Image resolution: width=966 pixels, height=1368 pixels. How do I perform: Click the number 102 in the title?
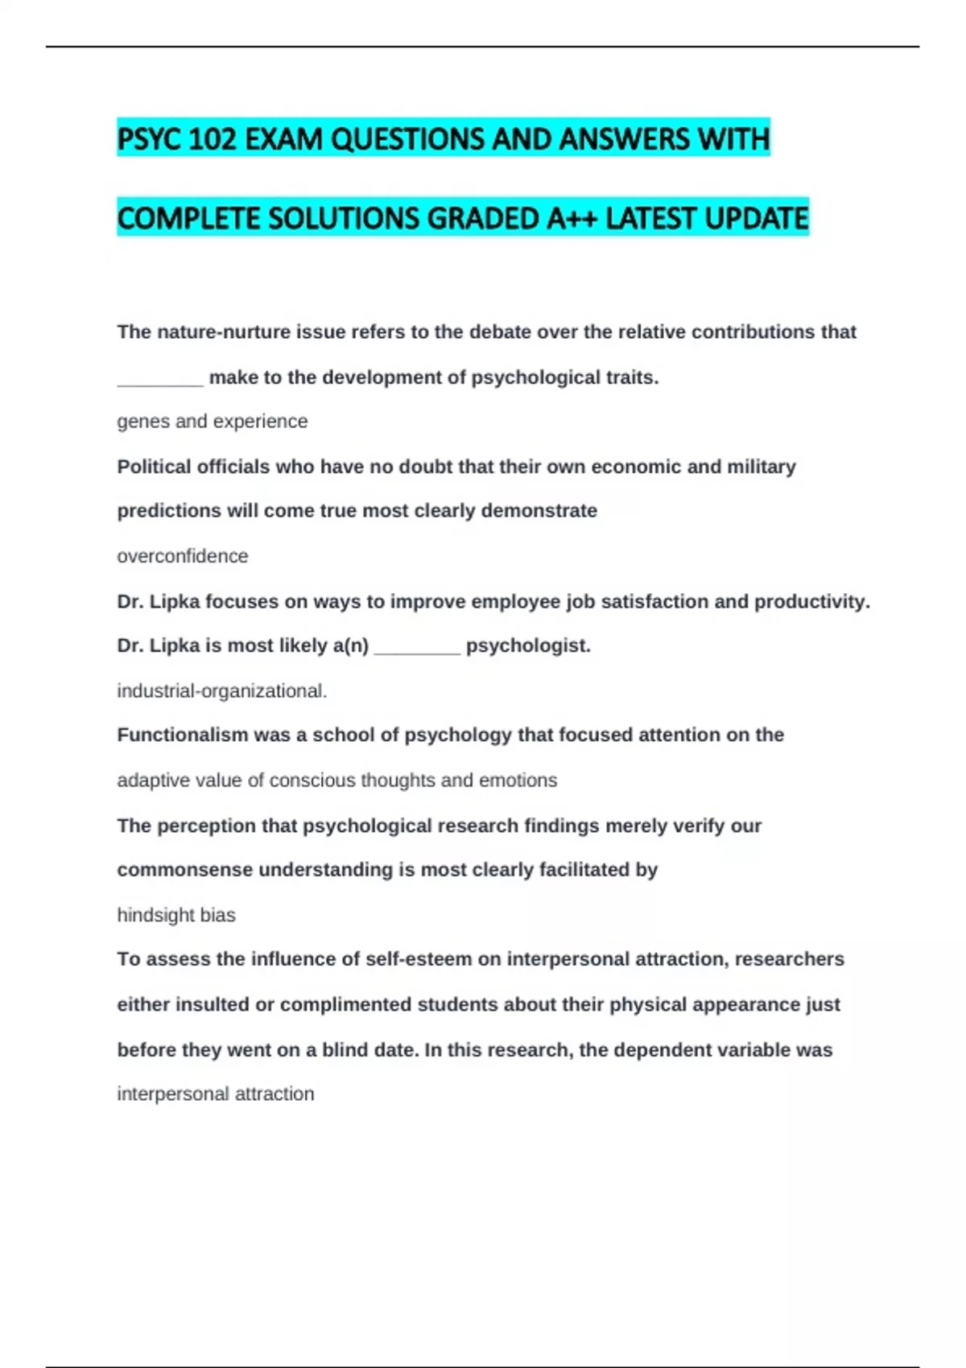(212, 139)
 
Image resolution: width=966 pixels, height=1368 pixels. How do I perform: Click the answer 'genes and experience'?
(213, 421)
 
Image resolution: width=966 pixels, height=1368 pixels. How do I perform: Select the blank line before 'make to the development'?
(160, 378)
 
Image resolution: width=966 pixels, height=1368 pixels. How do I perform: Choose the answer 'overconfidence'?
(183, 556)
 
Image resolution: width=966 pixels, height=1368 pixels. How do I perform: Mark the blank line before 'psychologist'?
(417, 646)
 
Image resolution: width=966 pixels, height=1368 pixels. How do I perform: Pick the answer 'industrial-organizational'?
(221, 690)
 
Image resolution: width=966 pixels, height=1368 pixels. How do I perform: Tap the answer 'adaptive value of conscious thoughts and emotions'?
(337, 780)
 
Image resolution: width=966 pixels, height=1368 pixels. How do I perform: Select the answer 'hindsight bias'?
(176, 915)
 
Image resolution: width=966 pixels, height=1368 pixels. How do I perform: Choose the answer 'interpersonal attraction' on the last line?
(216, 1094)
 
